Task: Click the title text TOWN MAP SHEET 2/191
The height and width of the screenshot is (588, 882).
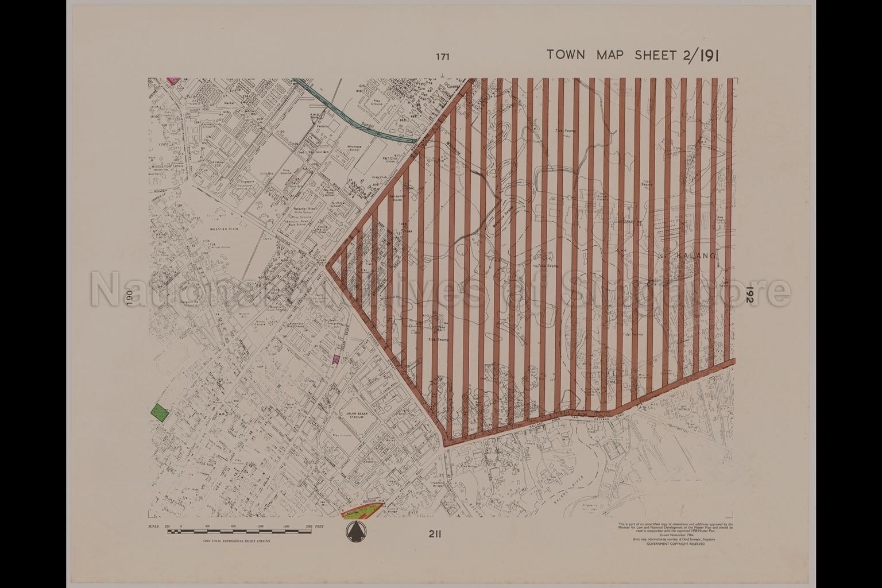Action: [633, 55]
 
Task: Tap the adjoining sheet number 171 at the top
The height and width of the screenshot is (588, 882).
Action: [442, 56]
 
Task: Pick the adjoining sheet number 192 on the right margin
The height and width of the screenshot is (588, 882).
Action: [750, 295]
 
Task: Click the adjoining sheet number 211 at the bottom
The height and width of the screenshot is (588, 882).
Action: [434, 535]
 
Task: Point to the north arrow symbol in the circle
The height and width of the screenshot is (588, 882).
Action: [355, 532]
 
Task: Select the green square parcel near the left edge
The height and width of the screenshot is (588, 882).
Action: [160, 413]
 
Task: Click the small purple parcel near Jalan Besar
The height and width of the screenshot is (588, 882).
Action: [336, 359]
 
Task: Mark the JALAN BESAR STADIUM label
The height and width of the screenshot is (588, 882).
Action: [359, 416]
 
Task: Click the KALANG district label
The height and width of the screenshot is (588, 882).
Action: [697, 256]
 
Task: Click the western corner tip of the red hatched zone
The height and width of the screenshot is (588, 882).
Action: [328, 265]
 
